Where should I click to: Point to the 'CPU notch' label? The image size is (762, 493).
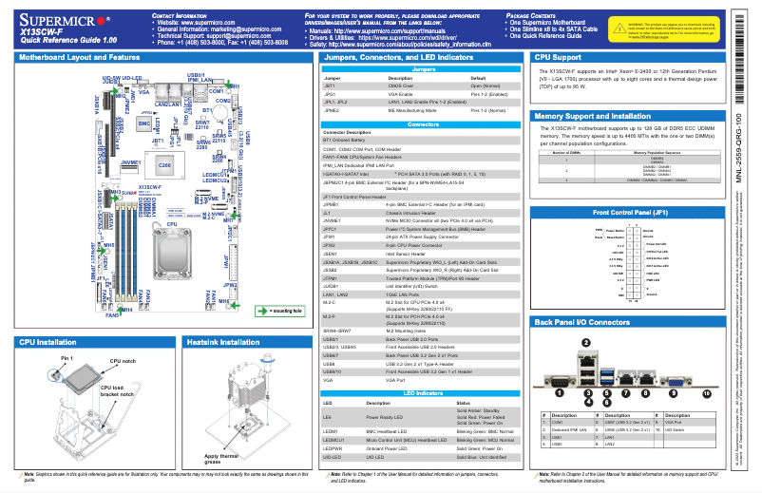124,362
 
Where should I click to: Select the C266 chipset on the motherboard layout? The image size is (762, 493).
163,164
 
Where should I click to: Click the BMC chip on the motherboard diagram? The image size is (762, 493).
143,123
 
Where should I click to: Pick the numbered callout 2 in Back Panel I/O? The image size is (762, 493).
586,342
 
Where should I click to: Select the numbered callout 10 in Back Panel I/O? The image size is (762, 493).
705,391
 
